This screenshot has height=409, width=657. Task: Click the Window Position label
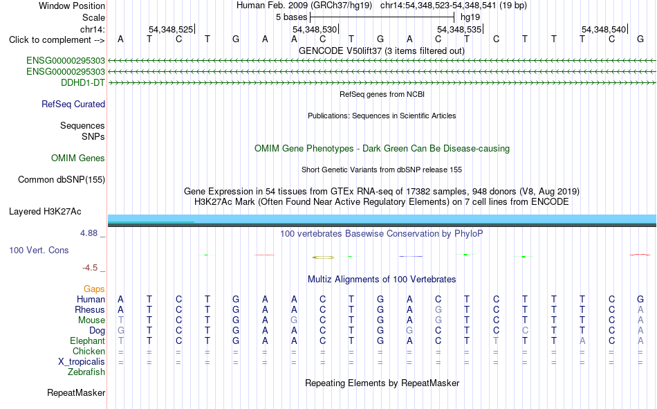point(72,6)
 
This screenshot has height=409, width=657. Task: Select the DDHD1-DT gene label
point(83,82)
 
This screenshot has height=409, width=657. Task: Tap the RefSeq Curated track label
point(73,104)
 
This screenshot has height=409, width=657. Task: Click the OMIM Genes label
point(78,158)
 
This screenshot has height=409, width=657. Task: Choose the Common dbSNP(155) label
point(62,179)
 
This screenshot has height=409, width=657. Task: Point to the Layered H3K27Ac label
point(45,212)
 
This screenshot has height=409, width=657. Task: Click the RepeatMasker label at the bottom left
point(76,392)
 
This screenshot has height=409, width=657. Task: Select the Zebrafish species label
point(86,372)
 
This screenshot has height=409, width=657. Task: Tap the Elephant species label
point(88,340)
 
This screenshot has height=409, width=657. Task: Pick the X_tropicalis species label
point(82,362)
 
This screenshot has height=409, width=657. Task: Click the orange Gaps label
point(94,289)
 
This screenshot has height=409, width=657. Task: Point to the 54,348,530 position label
point(315,29)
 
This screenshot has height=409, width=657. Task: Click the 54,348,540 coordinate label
point(604,29)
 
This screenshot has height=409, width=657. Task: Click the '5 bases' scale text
point(292,17)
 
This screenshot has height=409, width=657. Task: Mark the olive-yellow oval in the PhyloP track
point(324,257)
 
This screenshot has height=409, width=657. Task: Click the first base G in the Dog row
point(120,331)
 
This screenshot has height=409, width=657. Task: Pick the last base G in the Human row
point(640,299)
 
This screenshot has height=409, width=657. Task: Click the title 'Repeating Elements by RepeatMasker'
point(382,383)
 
